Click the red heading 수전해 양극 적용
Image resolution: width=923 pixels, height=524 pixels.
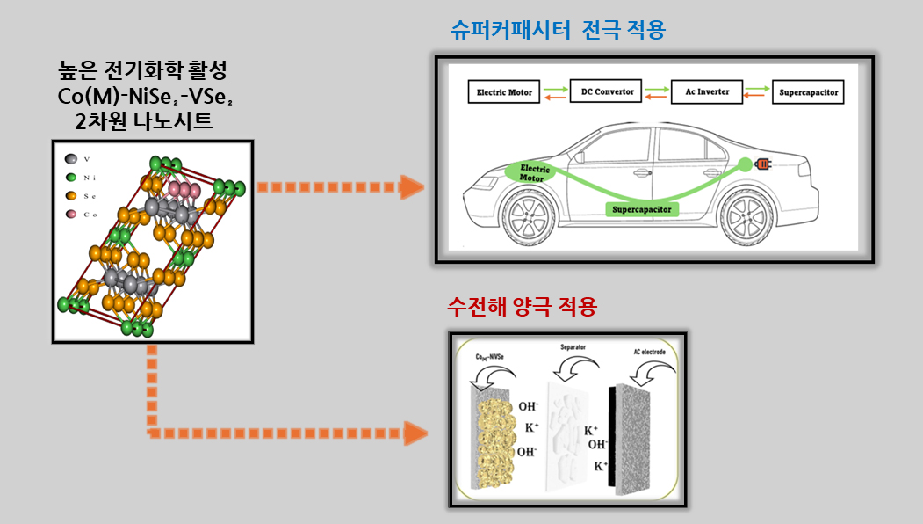tap(522, 307)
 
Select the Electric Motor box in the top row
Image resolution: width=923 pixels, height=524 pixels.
tap(504, 91)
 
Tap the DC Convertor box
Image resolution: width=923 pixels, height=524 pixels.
tap(608, 91)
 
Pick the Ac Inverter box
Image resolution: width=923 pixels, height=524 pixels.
tap(707, 91)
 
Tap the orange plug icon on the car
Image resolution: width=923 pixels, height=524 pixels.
tap(763, 164)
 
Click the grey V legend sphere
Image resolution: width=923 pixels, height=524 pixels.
tap(69, 159)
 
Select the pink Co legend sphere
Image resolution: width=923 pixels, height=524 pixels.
tap(69, 215)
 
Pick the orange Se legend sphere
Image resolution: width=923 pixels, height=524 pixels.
tap(69, 196)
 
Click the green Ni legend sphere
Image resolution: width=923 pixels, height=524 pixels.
tap(69, 178)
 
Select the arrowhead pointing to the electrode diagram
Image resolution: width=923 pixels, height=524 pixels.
tap(415, 433)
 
